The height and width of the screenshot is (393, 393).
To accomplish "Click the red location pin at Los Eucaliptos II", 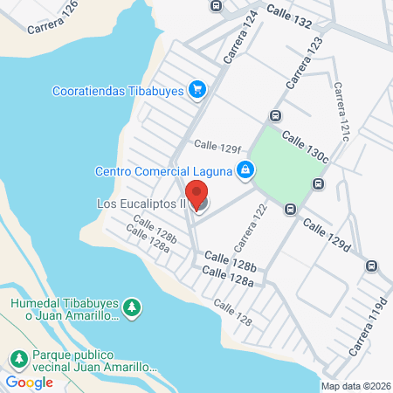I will point(198,195).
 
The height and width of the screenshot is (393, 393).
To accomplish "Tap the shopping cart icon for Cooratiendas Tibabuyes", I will point(198,88).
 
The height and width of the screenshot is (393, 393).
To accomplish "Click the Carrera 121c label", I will point(340,112).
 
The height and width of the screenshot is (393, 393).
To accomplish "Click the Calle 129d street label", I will point(326,236).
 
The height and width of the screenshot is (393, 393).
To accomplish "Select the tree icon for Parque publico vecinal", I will point(18,358).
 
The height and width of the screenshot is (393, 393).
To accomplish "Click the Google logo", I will point(29,383).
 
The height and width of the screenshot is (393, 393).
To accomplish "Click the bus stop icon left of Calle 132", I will point(216,5).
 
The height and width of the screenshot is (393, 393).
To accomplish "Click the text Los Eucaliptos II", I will point(141,205).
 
